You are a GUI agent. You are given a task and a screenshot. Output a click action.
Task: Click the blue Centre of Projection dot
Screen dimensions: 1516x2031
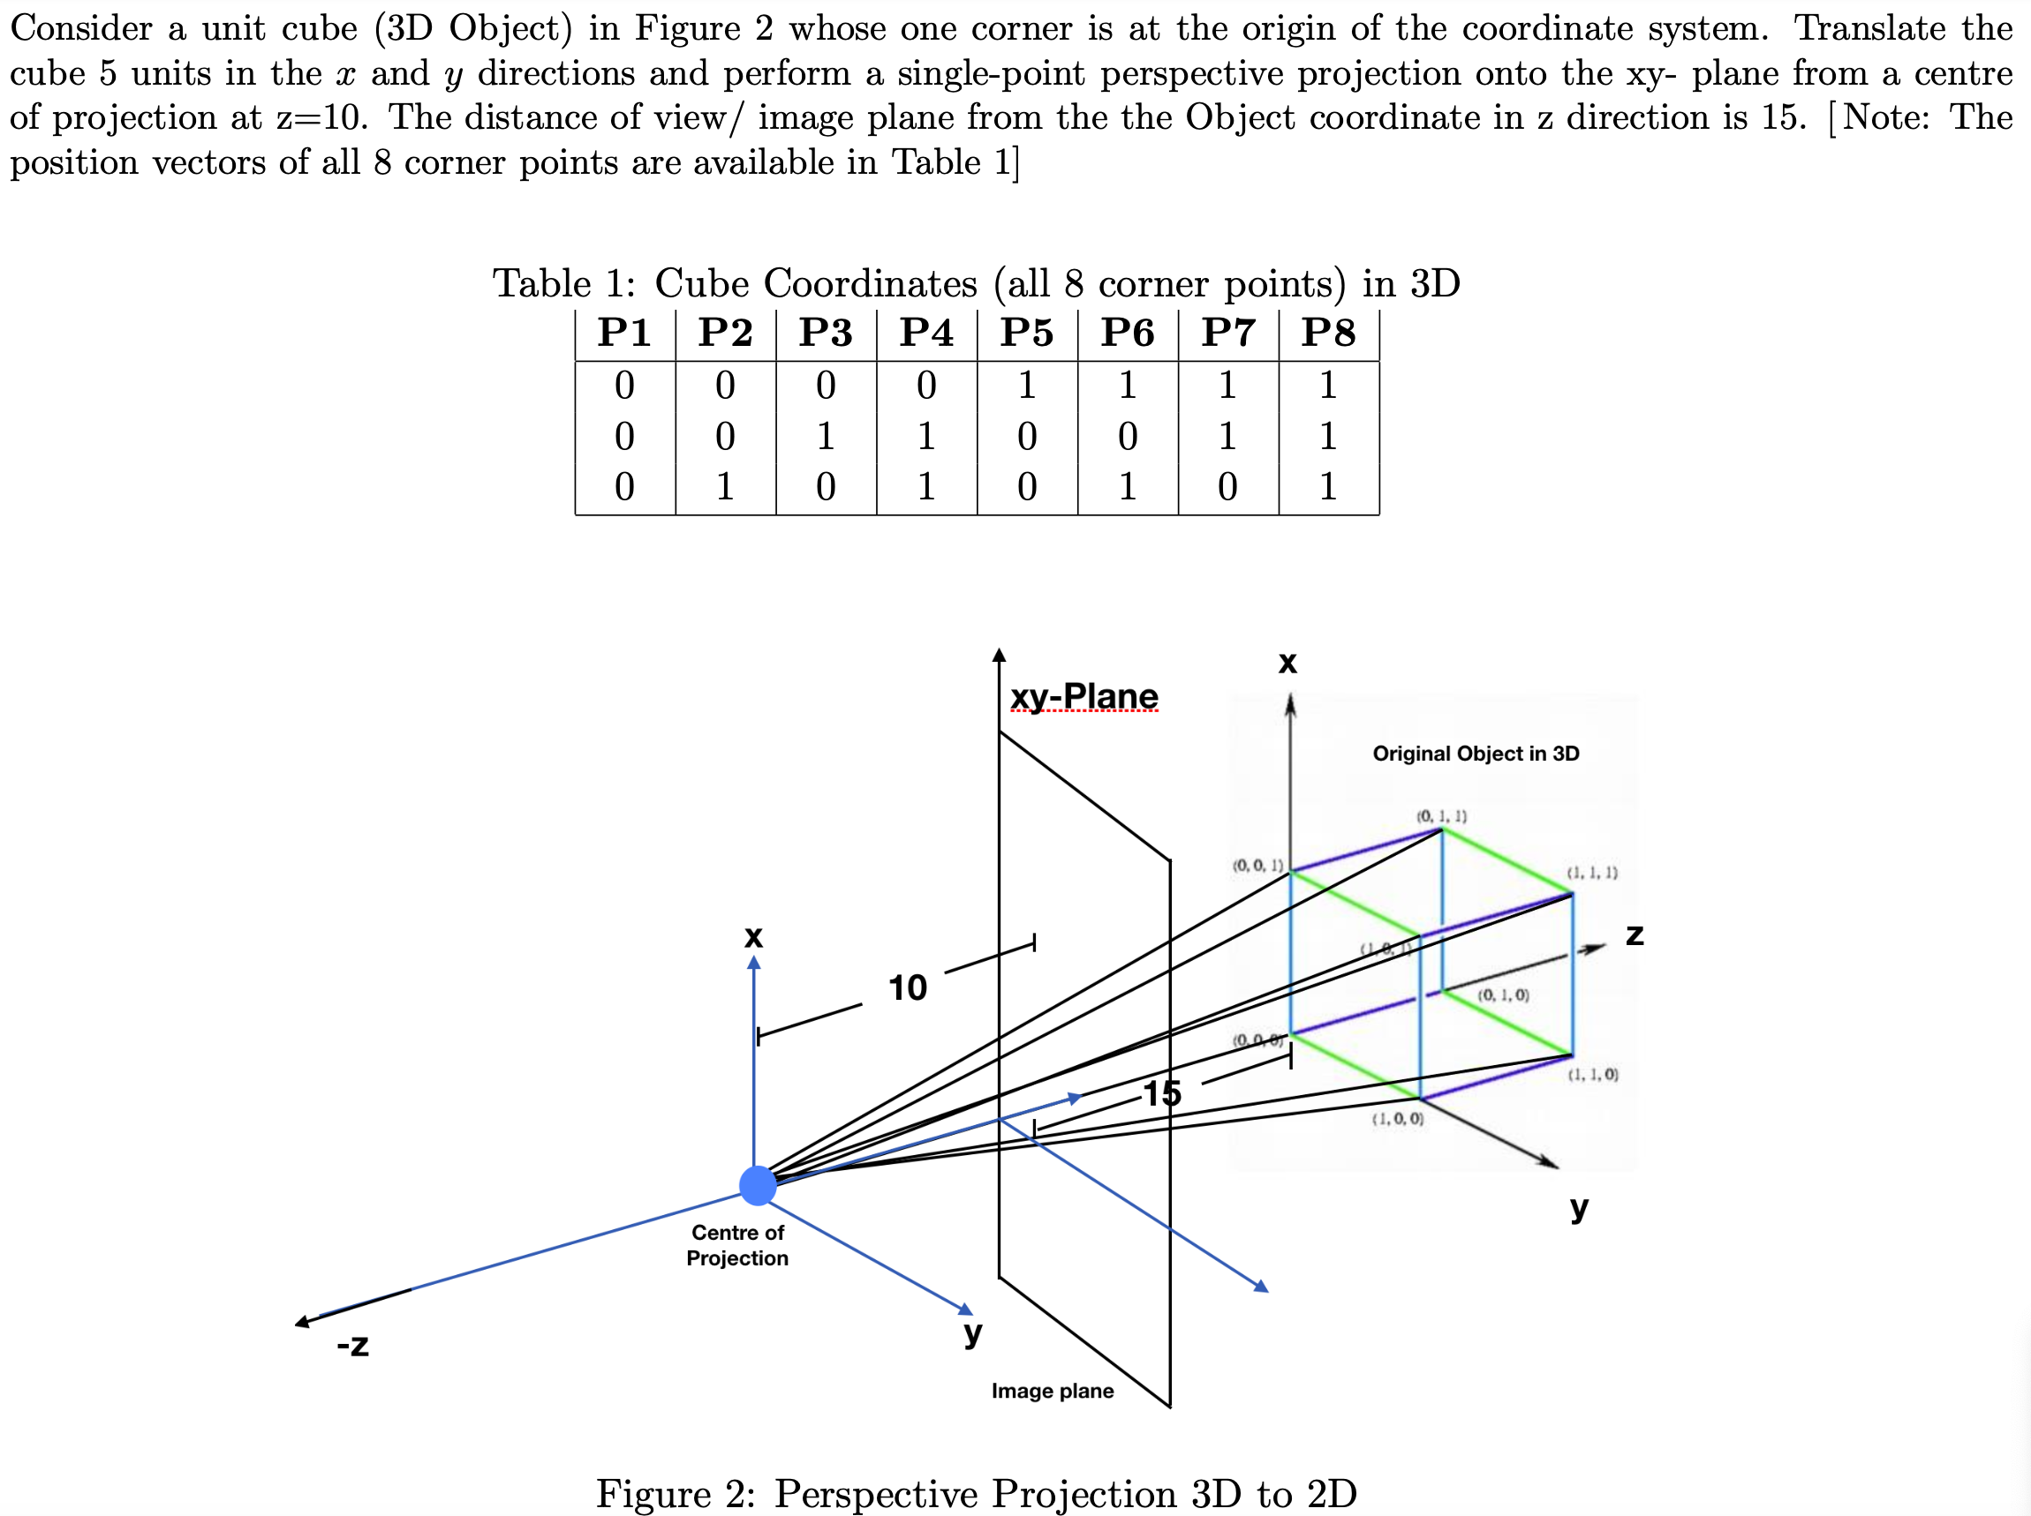point(758,1185)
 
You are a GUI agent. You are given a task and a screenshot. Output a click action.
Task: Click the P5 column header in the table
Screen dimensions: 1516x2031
point(1026,332)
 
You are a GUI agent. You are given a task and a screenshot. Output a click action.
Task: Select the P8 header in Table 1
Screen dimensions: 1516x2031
point(1328,332)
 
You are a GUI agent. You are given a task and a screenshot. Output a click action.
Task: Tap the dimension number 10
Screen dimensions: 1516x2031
point(907,988)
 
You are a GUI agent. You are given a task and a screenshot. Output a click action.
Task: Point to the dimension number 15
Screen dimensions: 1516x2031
point(1161,1093)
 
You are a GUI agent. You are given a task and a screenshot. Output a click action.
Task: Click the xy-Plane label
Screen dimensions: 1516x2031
point(1083,696)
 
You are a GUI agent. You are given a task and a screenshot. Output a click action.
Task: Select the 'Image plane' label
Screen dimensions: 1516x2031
point(1053,1392)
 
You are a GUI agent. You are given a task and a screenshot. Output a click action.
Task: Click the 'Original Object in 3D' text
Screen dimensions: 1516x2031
point(1476,754)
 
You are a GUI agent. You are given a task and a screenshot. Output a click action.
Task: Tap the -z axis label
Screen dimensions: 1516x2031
point(352,1346)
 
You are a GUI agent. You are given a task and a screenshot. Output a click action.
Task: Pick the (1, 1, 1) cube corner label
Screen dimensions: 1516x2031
point(1592,873)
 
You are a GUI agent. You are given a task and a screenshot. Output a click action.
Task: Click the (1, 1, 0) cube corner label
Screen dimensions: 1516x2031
point(1593,1075)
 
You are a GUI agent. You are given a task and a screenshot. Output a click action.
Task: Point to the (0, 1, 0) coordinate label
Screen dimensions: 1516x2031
point(1503,995)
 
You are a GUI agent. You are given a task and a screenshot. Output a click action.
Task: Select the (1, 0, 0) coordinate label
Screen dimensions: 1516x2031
point(1398,1120)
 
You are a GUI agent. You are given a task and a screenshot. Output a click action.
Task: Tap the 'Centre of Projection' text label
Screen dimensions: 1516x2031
point(737,1245)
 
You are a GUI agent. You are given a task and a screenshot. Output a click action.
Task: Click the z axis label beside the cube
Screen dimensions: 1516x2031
point(1635,935)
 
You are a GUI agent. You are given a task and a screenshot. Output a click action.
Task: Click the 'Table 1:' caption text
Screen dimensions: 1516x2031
point(563,283)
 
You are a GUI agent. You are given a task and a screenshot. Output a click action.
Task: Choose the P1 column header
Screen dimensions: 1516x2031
point(624,332)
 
